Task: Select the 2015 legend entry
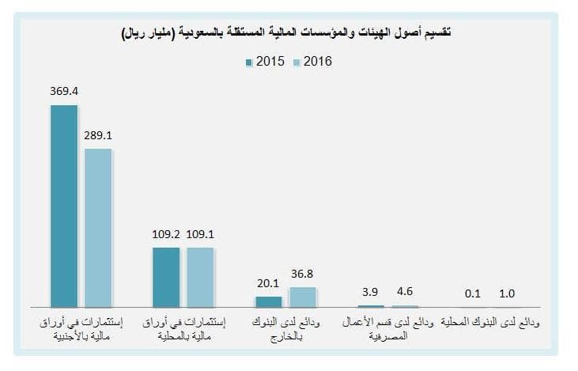pyautogui.click(x=266, y=62)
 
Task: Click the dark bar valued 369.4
pyautogui.click(x=64, y=206)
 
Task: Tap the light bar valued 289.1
pyautogui.click(x=98, y=228)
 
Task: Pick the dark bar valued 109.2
pyautogui.click(x=166, y=277)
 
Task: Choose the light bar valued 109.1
pyautogui.click(x=200, y=277)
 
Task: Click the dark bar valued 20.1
pyautogui.click(x=269, y=301)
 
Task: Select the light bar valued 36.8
pyautogui.click(x=302, y=297)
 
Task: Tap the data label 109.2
pyautogui.click(x=166, y=234)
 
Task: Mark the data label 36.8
pyautogui.click(x=302, y=273)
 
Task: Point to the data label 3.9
pyautogui.click(x=370, y=292)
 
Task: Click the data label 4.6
pyautogui.click(x=404, y=292)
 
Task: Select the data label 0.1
pyautogui.click(x=473, y=293)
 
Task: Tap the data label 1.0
pyautogui.click(x=507, y=293)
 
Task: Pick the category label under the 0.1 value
pyautogui.click(x=490, y=324)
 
